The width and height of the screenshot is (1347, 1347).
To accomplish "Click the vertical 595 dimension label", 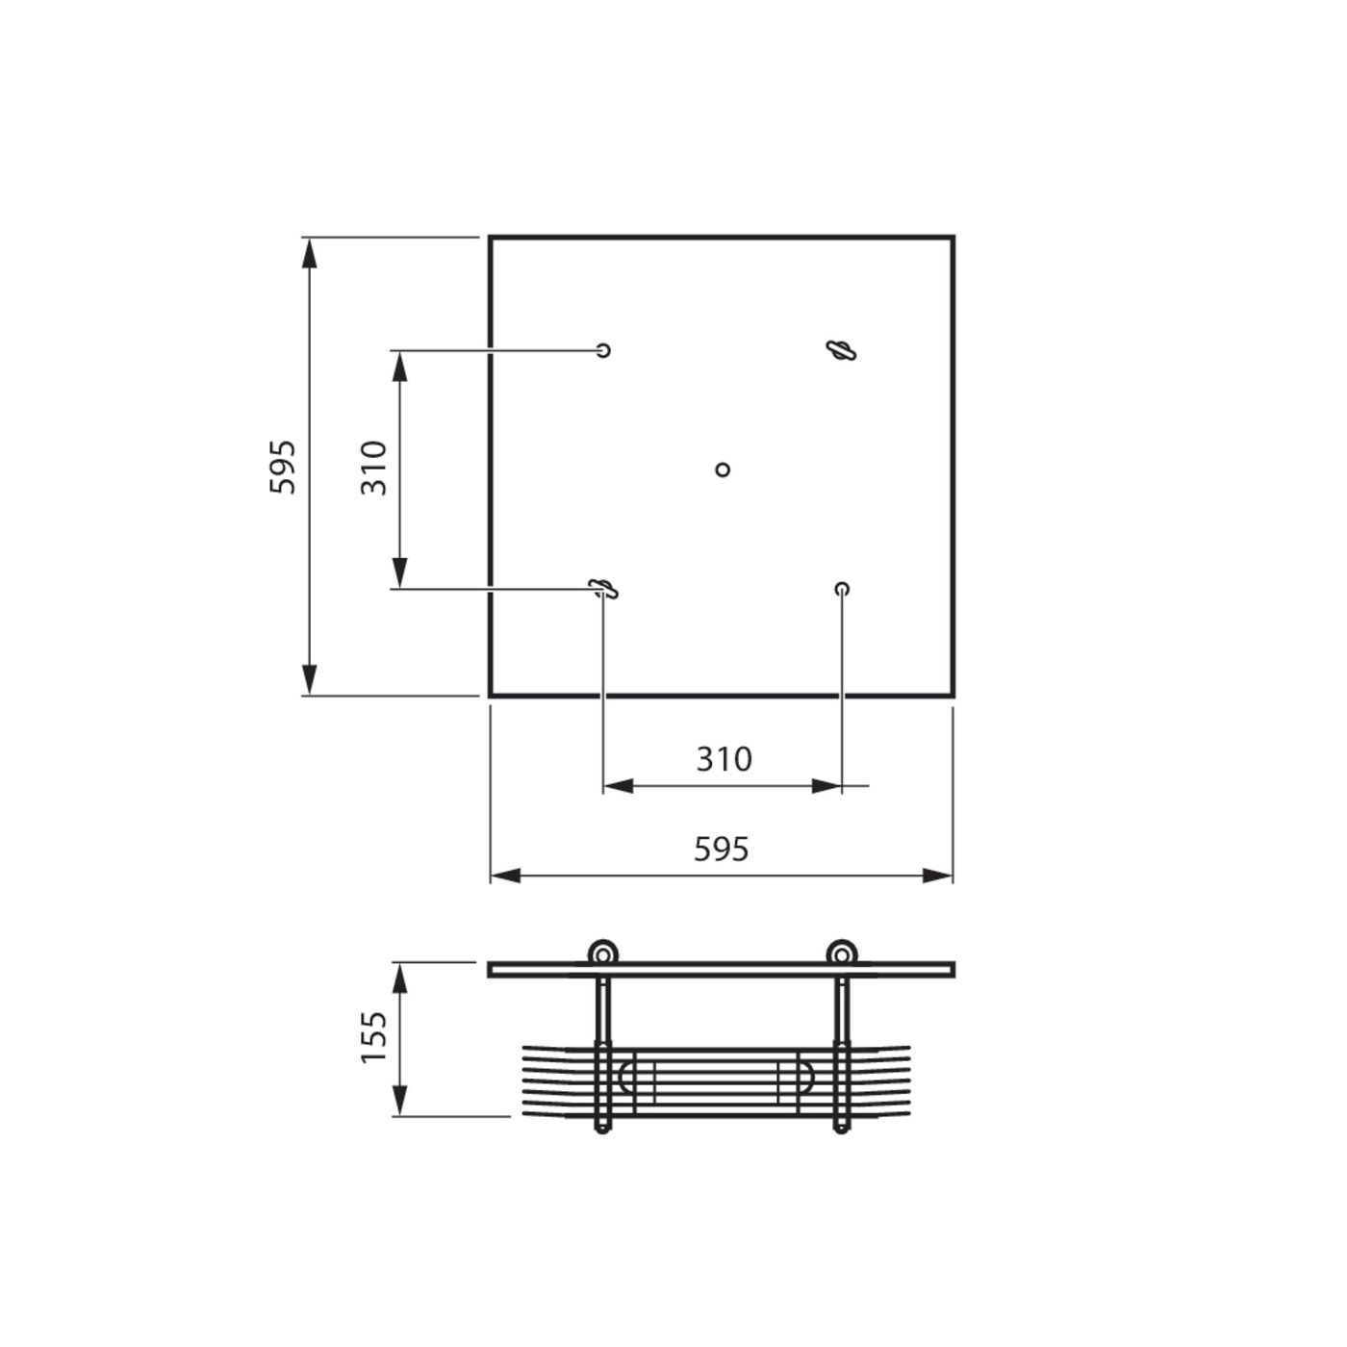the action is click(x=283, y=467).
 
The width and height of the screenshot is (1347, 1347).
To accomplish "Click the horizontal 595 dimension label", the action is click(x=721, y=850).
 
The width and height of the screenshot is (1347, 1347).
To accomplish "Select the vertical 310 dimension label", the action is click(x=374, y=468).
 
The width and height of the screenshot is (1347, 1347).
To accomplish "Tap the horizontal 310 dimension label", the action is click(x=724, y=759).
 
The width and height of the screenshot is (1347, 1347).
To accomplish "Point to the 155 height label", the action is click(x=373, y=1036).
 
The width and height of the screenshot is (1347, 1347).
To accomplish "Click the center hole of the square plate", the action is click(x=723, y=469).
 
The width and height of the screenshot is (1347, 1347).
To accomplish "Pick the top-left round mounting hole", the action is click(x=602, y=349).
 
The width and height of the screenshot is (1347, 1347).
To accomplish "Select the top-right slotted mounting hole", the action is click(x=841, y=349).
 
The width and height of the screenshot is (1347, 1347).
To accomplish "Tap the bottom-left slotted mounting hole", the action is click(x=602, y=589).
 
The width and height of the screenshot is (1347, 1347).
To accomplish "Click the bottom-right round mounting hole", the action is click(x=842, y=589).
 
